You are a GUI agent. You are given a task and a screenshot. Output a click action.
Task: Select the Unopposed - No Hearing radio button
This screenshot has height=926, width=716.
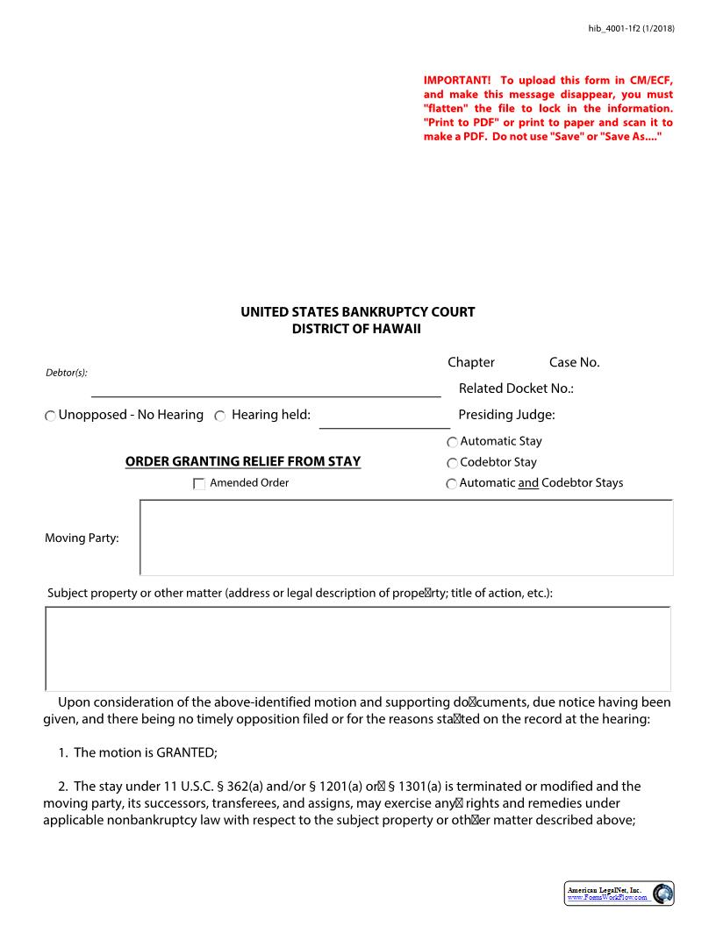coord(50,416)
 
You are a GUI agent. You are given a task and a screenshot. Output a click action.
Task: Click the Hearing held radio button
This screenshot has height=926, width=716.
coord(220,416)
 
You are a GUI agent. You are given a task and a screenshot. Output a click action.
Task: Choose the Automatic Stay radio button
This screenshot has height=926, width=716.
coord(452,442)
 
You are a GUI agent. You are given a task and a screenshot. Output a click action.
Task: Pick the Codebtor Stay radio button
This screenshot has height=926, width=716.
coord(452,463)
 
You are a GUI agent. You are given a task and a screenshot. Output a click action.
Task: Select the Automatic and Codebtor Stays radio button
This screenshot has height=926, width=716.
coord(452,484)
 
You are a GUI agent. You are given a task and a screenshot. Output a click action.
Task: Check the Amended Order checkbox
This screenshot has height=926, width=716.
coord(199,483)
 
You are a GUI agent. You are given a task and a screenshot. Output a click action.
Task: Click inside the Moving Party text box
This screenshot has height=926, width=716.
coord(406,538)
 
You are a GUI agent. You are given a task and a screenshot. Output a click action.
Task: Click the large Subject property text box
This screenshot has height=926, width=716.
coord(357,648)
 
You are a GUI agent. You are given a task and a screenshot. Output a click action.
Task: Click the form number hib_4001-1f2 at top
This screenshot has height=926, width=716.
coord(630,29)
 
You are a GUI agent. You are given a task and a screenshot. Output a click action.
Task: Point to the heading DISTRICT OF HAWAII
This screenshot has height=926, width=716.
coord(357,329)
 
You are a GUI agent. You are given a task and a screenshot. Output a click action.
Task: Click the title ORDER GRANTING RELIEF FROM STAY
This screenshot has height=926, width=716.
coord(242,461)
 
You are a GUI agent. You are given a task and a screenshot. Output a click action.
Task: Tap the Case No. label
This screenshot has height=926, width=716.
coord(574,362)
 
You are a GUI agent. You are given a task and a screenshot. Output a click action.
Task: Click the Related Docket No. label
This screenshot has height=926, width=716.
coord(516,388)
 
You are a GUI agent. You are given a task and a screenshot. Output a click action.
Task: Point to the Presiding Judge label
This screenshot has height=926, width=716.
coord(506,415)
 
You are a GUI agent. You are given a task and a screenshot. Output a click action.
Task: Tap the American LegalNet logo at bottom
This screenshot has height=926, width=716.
coord(619,894)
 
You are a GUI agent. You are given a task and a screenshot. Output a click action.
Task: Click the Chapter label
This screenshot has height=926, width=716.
coord(471,362)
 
